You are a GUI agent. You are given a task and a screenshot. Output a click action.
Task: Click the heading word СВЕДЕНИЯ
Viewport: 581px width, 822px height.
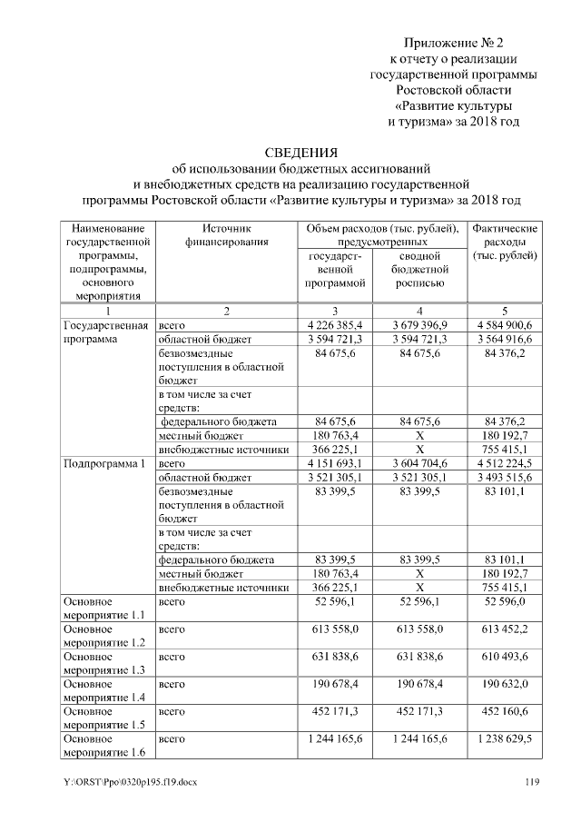tap(300, 152)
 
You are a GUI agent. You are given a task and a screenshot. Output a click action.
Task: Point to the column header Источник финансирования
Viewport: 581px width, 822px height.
tap(226, 235)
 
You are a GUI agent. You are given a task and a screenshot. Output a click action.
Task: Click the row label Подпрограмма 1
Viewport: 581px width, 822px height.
tap(104, 463)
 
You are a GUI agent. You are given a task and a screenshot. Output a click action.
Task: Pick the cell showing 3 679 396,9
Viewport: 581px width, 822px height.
tap(419, 324)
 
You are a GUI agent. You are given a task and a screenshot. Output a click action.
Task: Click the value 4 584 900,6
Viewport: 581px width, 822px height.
tap(506, 324)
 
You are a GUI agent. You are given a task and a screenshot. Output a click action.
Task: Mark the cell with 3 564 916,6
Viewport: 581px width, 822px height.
tap(506, 339)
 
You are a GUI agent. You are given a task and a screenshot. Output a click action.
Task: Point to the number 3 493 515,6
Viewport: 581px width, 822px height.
tap(506, 478)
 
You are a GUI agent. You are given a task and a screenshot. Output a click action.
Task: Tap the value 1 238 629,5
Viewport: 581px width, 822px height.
tap(506, 740)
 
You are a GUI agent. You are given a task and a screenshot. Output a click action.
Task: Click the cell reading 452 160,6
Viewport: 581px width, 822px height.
tap(506, 712)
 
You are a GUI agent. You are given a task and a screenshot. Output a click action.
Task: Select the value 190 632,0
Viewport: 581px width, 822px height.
tap(506, 684)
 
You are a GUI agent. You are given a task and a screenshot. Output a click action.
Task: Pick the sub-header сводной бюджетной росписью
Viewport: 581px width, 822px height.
tap(419, 270)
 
